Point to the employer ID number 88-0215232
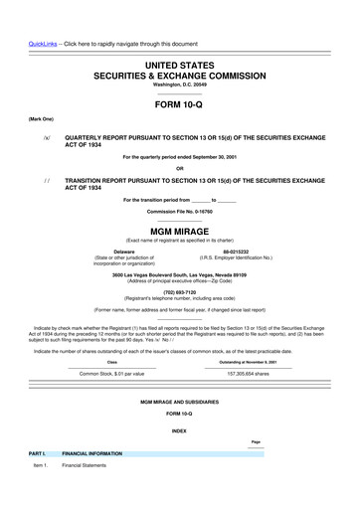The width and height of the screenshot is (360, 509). click(236, 253)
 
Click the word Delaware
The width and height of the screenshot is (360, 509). click(124, 253)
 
